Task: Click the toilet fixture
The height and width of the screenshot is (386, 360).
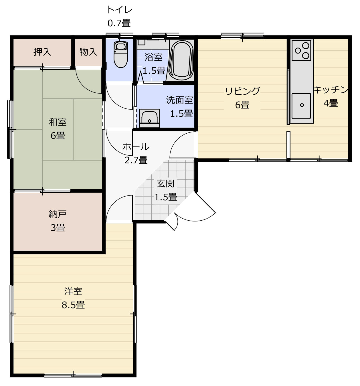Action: (x=121, y=54)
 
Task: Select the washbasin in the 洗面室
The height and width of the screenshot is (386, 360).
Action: (x=149, y=118)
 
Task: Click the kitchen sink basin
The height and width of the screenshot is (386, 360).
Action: (x=301, y=106)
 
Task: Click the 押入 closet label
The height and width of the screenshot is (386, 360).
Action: (x=42, y=52)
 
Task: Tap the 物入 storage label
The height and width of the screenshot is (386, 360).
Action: (x=88, y=52)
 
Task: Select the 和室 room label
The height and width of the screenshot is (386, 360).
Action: (x=58, y=122)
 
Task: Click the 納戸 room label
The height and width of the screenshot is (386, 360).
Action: (x=58, y=214)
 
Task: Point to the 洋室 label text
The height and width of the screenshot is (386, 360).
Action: (x=73, y=291)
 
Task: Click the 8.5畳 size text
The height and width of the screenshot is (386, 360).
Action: (x=73, y=305)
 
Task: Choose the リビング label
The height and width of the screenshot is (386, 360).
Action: (x=242, y=91)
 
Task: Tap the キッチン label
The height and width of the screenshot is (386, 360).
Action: (x=331, y=90)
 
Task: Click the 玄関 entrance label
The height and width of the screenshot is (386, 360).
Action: (x=165, y=183)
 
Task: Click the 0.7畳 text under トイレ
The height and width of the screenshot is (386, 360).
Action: (x=119, y=23)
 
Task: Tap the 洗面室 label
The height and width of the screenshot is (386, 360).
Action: (x=179, y=100)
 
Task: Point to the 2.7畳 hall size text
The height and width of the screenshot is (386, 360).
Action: (x=136, y=160)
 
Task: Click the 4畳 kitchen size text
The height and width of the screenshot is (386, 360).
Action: (x=331, y=103)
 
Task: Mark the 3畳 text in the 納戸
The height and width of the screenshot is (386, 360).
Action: (x=58, y=227)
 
